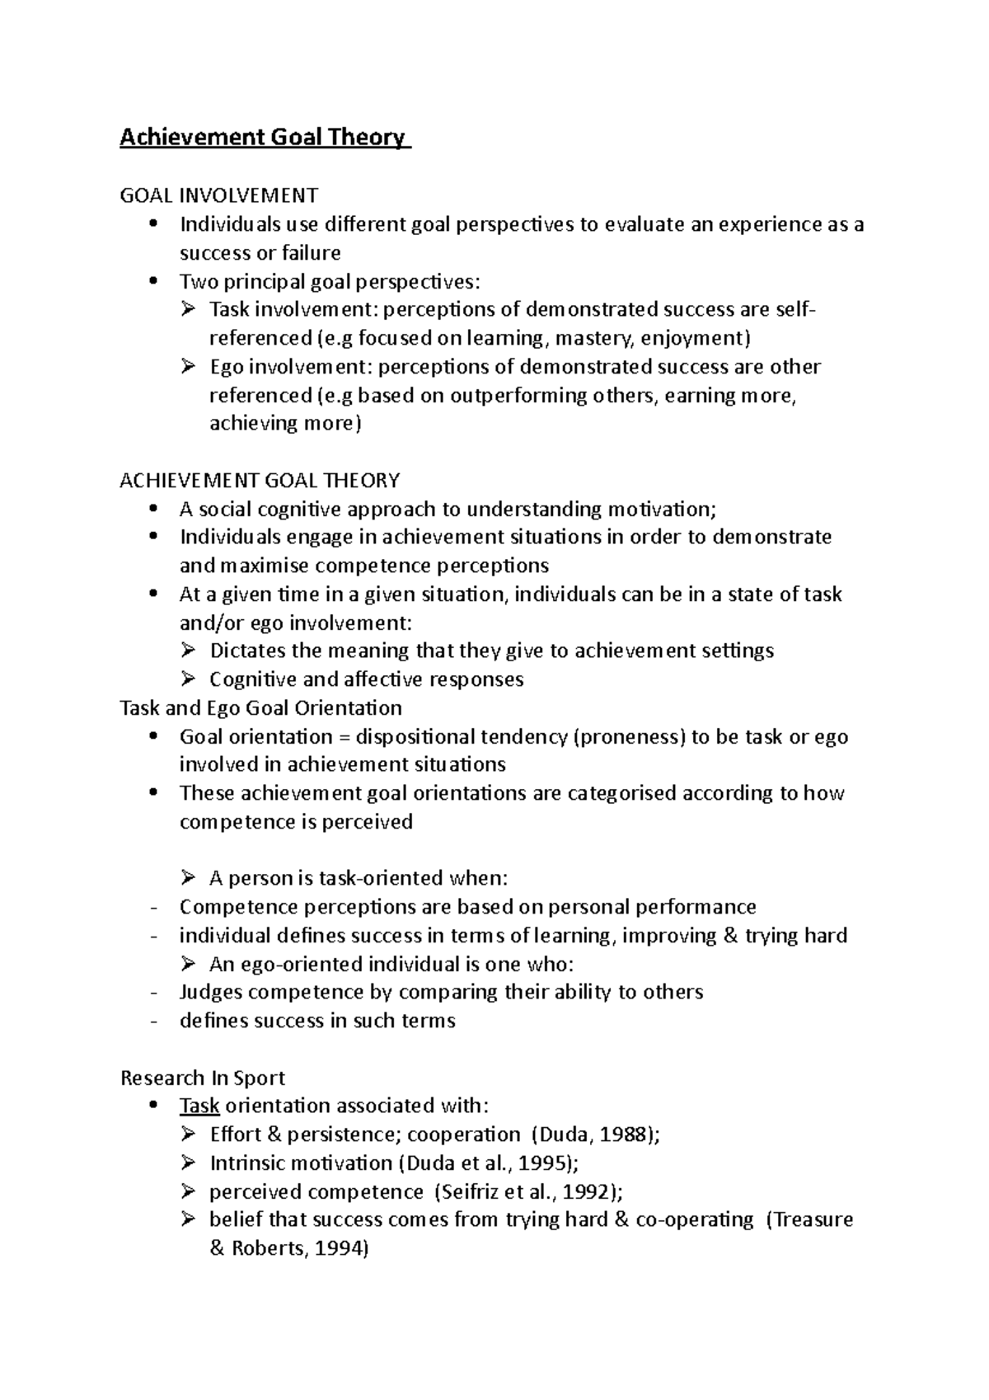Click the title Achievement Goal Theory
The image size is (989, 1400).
(x=264, y=137)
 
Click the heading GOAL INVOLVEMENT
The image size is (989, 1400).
(x=218, y=195)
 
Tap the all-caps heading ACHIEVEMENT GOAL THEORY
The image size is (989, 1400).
(x=260, y=480)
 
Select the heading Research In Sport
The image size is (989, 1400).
(x=203, y=1078)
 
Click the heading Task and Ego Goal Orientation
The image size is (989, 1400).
(x=260, y=707)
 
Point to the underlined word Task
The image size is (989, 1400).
(x=199, y=1106)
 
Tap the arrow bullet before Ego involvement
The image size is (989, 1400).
(x=188, y=366)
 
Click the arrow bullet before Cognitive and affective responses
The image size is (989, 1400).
(x=188, y=679)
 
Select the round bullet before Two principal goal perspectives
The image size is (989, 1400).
(x=153, y=281)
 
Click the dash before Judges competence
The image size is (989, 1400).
(x=153, y=992)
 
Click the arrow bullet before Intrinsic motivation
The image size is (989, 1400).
(x=188, y=1163)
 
